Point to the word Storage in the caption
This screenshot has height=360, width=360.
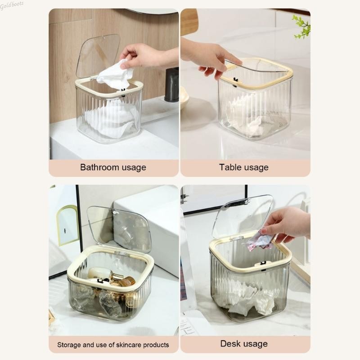pyautogui.click(x=69, y=345)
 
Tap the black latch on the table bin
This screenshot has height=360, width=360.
pyautogui.click(x=235, y=81)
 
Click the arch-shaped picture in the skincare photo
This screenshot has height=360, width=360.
pyautogui.click(x=67, y=225)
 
